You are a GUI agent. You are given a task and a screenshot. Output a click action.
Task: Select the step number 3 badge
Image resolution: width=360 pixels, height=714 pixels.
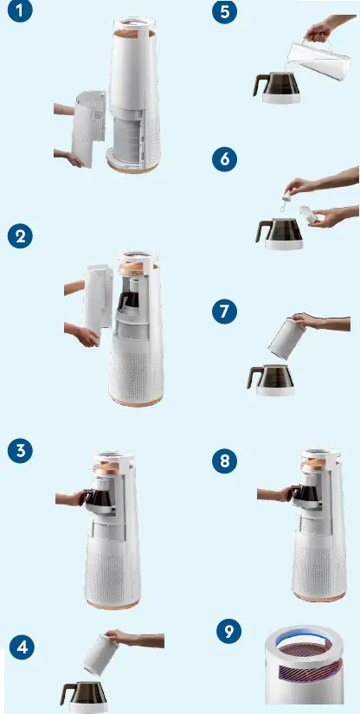(21, 450)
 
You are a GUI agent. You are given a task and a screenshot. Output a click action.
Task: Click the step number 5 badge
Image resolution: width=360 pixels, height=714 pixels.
(224, 15)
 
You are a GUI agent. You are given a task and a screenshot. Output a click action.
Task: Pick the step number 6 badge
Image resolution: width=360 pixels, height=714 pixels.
(224, 160)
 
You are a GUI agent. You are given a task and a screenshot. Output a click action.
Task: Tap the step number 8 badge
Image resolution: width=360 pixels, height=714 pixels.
(226, 460)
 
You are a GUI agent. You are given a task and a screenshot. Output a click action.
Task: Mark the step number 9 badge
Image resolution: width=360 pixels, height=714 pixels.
(228, 631)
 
